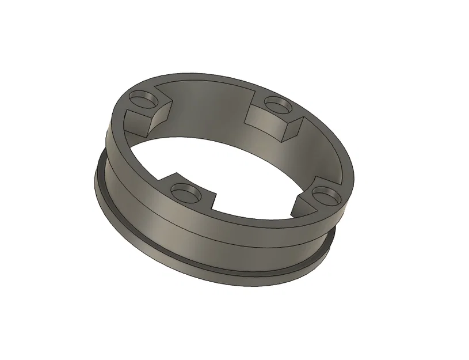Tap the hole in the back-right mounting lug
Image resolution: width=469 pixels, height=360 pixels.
coord(278,105)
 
